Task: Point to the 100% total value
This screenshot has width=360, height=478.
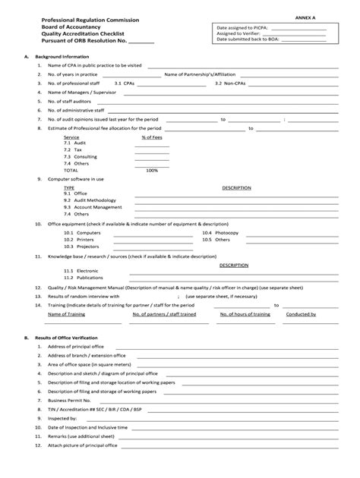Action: pyautogui.click(x=152, y=170)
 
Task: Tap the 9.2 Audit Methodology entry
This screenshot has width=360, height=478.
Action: pyautogui.click(x=92, y=200)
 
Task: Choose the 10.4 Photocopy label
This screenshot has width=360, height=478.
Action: pyautogui.click(x=220, y=233)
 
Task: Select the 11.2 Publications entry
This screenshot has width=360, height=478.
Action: pyautogui.click(x=85, y=278)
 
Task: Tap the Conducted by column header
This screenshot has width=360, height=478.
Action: pyautogui.click(x=302, y=313)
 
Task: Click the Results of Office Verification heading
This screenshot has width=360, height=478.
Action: pyautogui.click(x=69, y=336)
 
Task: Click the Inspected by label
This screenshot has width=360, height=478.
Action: pyautogui.click(x=62, y=417)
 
